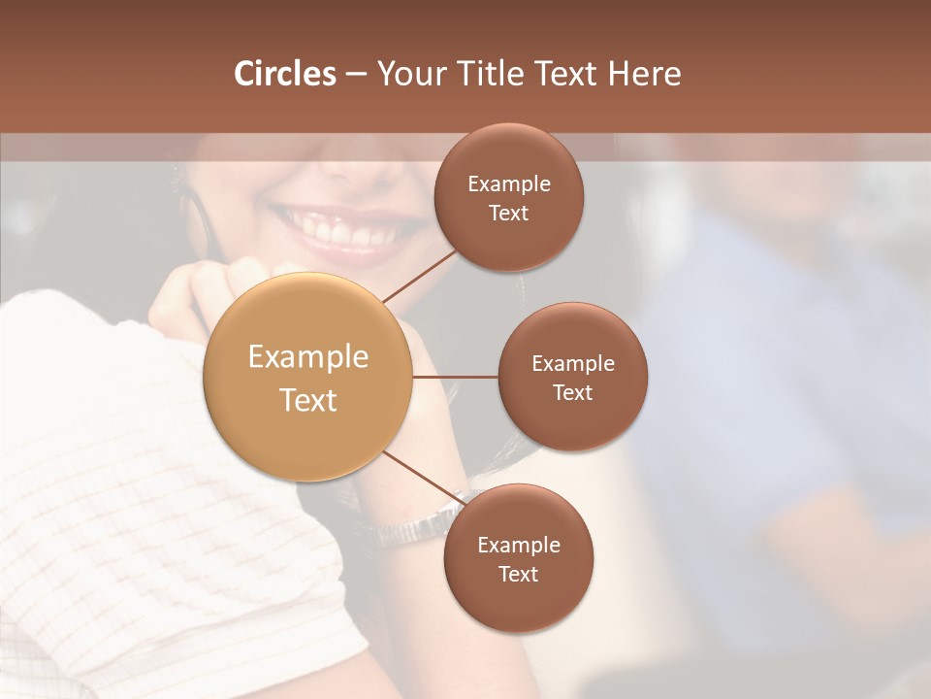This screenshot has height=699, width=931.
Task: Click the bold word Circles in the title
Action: tap(285, 74)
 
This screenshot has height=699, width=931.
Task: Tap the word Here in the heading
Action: tap(644, 74)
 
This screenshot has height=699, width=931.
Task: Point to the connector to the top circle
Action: tap(419, 275)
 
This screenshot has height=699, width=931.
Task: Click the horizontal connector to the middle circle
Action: tap(456, 377)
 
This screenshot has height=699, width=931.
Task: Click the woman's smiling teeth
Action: tap(338, 229)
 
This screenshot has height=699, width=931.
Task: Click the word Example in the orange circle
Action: tap(308, 357)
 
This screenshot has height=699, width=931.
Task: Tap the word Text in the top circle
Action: tap(508, 213)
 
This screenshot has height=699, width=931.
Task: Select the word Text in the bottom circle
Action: tap(518, 574)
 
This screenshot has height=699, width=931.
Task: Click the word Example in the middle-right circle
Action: tap(572, 364)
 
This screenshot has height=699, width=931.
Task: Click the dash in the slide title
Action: tap(356, 74)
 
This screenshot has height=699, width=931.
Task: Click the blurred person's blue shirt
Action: tap(776, 369)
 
